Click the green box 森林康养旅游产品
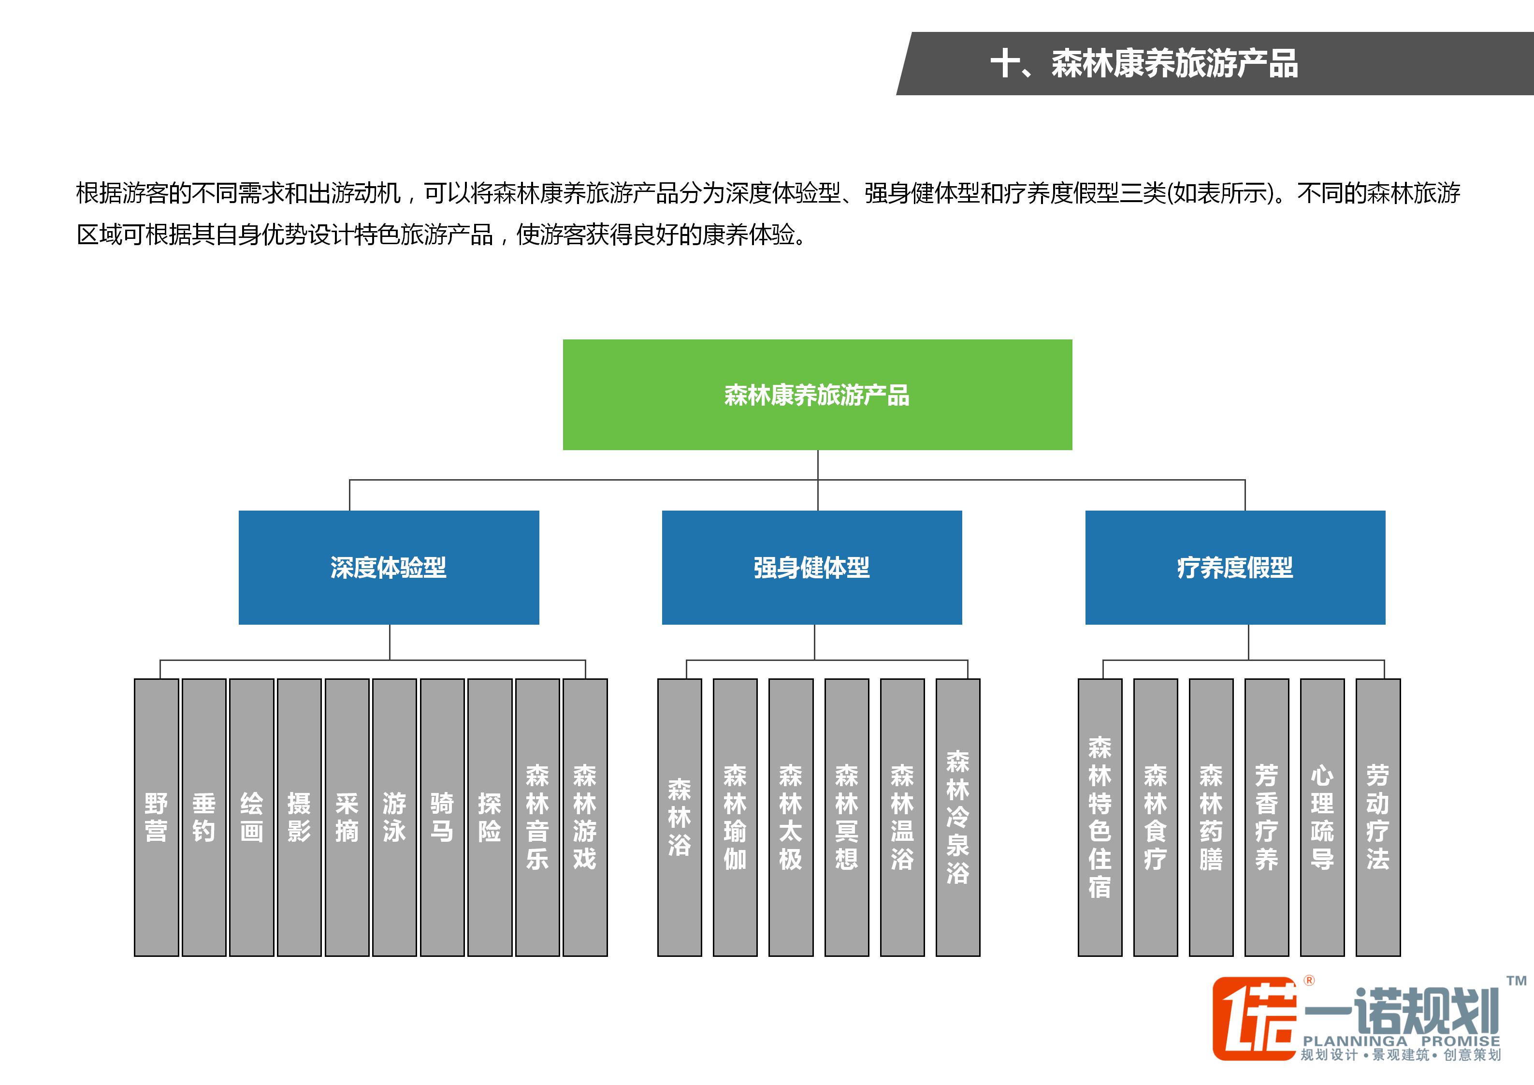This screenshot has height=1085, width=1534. click(x=817, y=395)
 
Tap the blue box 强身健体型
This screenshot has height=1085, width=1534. click(x=812, y=568)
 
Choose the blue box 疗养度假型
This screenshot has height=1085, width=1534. click(x=1235, y=568)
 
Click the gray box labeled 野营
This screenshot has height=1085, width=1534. click(x=156, y=817)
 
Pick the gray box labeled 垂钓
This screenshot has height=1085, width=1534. click(x=204, y=817)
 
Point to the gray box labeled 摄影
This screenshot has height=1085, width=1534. click(x=299, y=817)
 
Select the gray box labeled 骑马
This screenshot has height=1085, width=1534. click(x=442, y=817)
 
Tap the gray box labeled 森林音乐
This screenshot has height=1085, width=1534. click(x=537, y=817)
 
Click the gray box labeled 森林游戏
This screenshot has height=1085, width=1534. click(x=585, y=817)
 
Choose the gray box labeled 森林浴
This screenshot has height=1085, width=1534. click(x=680, y=817)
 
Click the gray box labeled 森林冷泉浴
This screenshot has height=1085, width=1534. click(x=957, y=817)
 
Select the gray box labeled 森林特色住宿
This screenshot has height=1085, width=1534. click(x=1100, y=817)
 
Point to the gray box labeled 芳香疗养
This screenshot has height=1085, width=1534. click(x=1266, y=817)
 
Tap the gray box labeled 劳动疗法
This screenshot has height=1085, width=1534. click(x=1378, y=817)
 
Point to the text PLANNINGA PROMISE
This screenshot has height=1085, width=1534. click(x=1401, y=1041)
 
